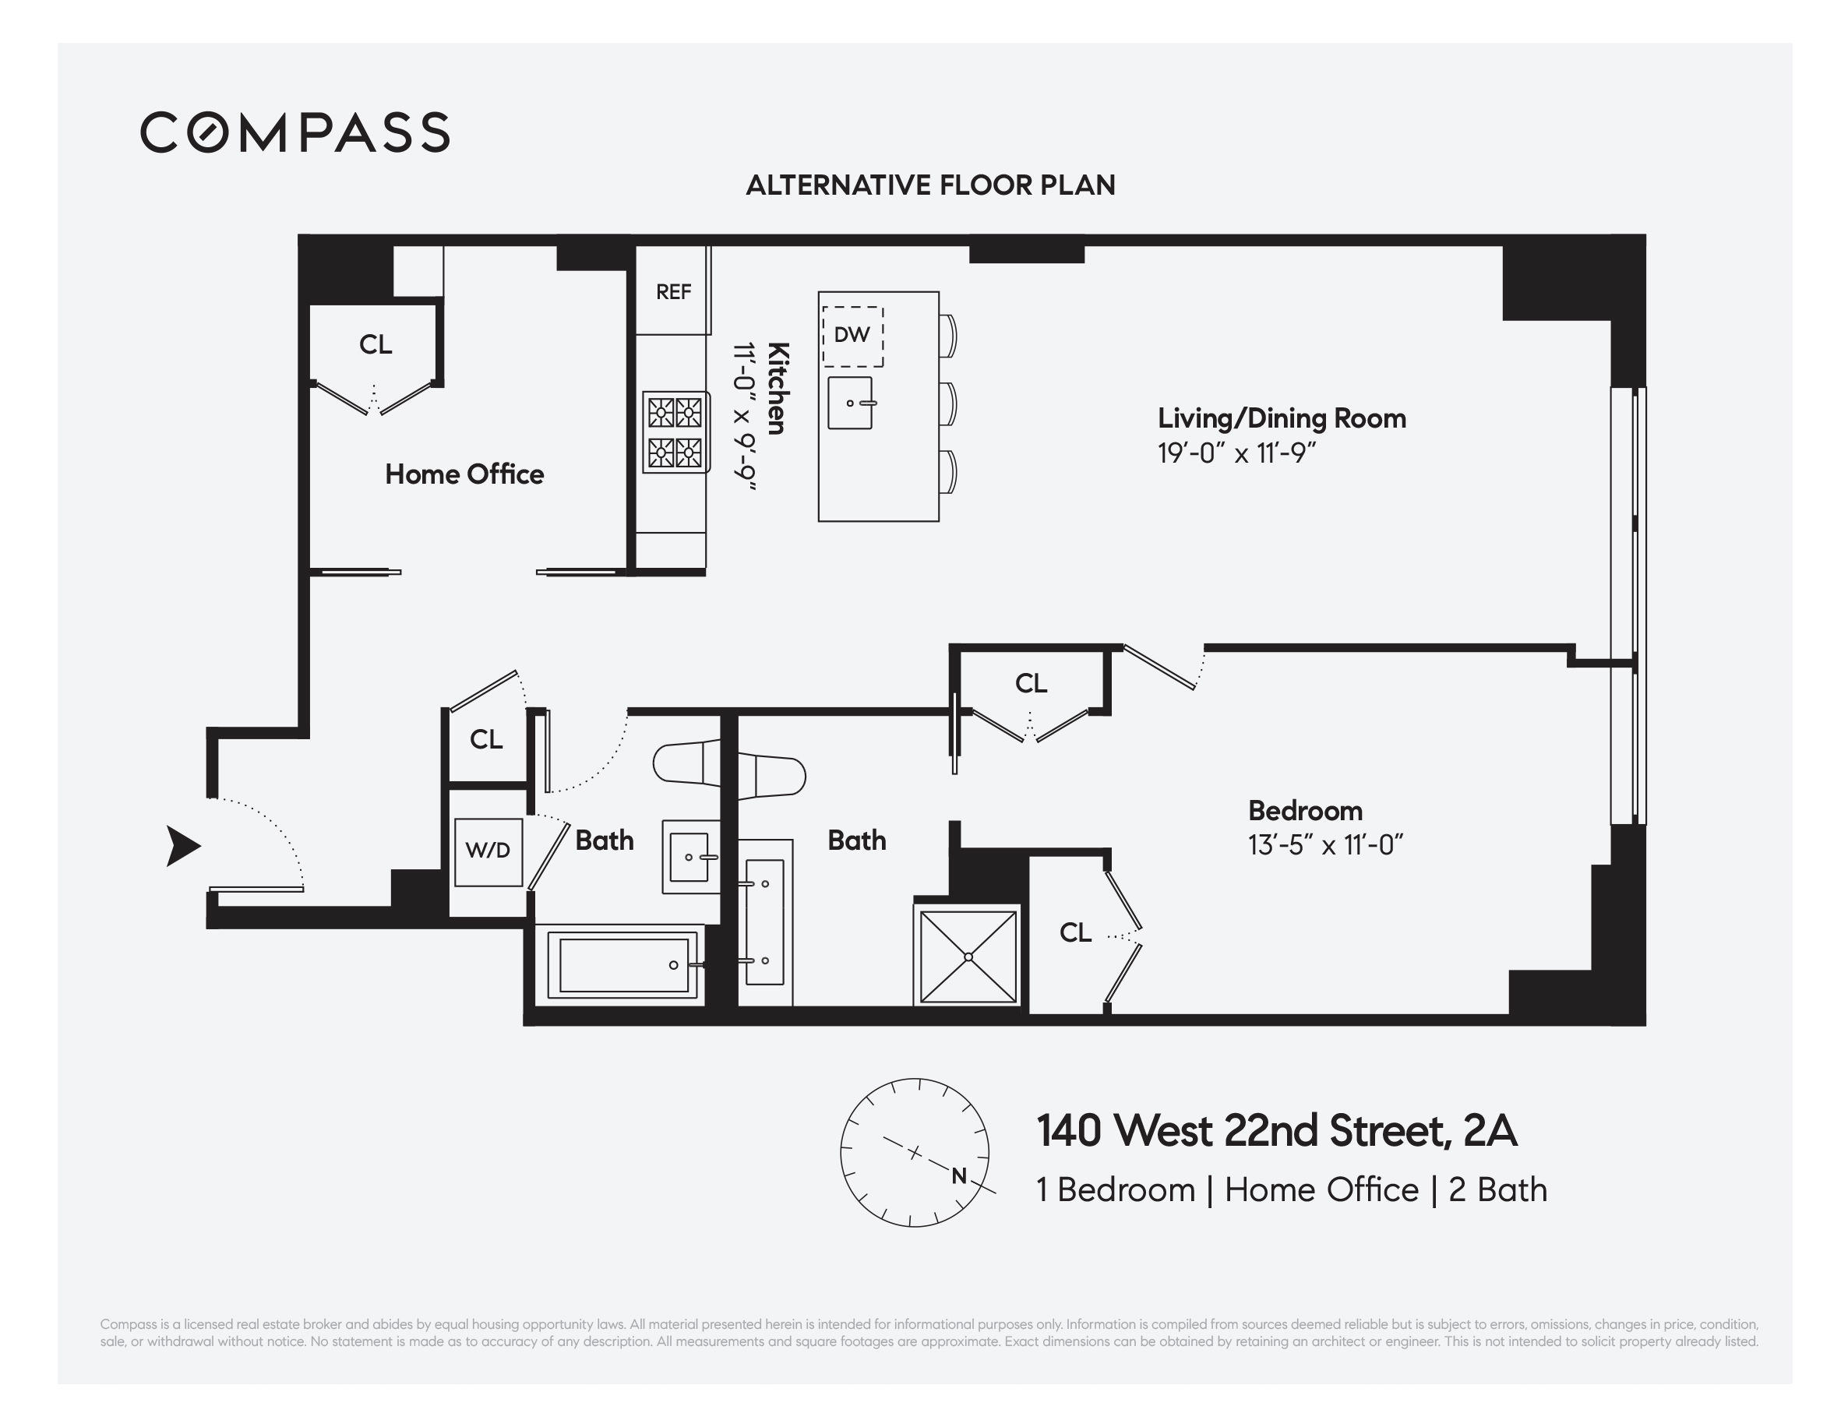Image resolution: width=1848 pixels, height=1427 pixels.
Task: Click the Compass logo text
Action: point(294,132)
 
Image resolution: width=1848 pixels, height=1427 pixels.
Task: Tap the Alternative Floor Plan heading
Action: point(930,185)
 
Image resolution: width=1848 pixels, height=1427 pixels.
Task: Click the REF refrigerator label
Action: point(674,292)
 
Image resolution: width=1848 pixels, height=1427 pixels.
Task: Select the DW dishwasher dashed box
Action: point(852,336)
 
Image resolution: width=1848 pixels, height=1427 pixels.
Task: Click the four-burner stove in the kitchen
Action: point(675,432)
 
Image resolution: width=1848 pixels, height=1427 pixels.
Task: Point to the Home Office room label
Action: point(464,474)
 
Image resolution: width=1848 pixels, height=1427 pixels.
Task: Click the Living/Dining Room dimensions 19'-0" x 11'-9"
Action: point(1236,454)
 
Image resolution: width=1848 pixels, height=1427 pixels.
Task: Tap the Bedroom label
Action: point(1305,811)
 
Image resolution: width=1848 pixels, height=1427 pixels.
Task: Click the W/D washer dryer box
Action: point(488,851)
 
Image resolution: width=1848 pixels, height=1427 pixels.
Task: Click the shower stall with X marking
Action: point(968,957)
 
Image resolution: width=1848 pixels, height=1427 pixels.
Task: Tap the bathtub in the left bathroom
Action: point(622,965)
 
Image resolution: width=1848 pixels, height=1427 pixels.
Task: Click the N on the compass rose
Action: point(959,1175)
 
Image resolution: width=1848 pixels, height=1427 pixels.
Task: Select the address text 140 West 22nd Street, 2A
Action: point(1276,1131)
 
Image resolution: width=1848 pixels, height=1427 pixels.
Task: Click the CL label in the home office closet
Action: point(375,345)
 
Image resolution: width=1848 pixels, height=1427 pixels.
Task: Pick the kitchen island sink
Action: point(849,403)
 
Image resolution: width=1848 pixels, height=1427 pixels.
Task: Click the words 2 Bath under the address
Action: point(1497,1190)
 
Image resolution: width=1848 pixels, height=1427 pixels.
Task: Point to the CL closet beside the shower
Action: point(1074,933)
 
